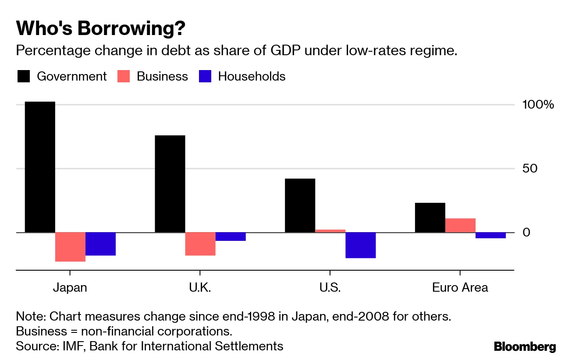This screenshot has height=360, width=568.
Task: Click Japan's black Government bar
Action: [x=40, y=167]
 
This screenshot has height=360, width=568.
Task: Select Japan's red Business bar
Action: [x=70, y=247]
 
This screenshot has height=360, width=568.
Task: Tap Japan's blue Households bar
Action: [x=100, y=244]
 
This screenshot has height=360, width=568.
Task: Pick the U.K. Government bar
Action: [x=170, y=184]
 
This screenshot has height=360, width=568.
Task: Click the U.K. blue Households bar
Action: [x=231, y=236]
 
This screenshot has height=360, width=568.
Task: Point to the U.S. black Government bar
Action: [x=300, y=205]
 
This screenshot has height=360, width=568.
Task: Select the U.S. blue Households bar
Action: [x=361, y=245]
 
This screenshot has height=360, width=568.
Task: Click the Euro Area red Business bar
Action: [x=460, y=225]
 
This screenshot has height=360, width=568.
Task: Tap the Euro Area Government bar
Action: [x=430, y=218]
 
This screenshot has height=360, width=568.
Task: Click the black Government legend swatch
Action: [x=24, y=77]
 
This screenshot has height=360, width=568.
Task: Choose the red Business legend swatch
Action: [x=124, y=77]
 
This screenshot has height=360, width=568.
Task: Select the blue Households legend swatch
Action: [x=205, y=77]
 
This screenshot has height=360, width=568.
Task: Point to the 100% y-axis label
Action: [x=538, y=105]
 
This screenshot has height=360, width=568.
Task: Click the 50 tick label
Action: [x=530, y=169]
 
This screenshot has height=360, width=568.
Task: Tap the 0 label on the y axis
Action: [x=526, y=233]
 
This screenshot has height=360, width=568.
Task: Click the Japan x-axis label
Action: [x=70, y=288]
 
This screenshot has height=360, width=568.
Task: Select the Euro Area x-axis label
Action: [x=460, y=288]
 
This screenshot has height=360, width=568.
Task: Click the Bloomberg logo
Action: [x=525, y=347]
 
